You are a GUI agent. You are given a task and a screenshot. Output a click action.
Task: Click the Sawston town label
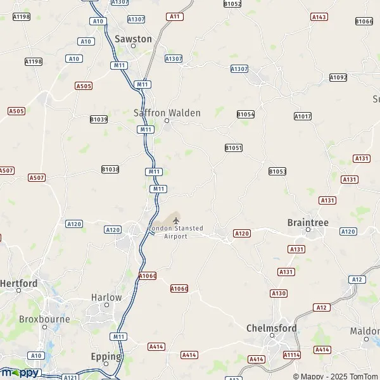[x=133, y=39]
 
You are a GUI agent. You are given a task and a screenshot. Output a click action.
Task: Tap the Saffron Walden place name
[x=167, y=113]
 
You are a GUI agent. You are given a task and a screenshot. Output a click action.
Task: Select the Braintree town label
[x=308, y=222]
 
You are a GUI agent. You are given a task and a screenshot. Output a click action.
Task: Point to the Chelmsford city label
[x=271, y=328]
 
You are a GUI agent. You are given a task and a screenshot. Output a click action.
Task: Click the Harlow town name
[x=106, y=297]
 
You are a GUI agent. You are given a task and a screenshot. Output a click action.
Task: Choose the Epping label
[x=106, y=357]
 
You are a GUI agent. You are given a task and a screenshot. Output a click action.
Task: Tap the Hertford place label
[x=19, y=283]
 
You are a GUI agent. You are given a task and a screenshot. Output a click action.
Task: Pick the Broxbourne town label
[x=44, y=319]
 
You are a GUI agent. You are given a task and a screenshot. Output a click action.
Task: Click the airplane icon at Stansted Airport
[x=176, y=220]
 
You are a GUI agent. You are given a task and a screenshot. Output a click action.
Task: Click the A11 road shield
[x=175, y=16]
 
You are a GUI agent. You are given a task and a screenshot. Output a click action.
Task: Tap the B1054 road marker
[x=246, y=114]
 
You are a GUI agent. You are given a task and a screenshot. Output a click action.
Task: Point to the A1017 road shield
[x=303, y=116]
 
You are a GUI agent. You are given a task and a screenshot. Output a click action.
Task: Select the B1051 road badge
[x=234, y=148]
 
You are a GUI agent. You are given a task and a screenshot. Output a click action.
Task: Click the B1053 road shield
[x=277, y=171]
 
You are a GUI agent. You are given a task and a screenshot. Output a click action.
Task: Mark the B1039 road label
[x=99, y=119]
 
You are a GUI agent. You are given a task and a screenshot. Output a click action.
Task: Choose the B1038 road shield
[x=110, y=169]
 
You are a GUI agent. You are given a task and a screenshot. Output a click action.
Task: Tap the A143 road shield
[x=319, y=17]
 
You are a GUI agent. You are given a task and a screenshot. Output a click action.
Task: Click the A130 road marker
[x=279, y=293]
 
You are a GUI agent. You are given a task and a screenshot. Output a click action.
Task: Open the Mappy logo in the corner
[x=21, y=372]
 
